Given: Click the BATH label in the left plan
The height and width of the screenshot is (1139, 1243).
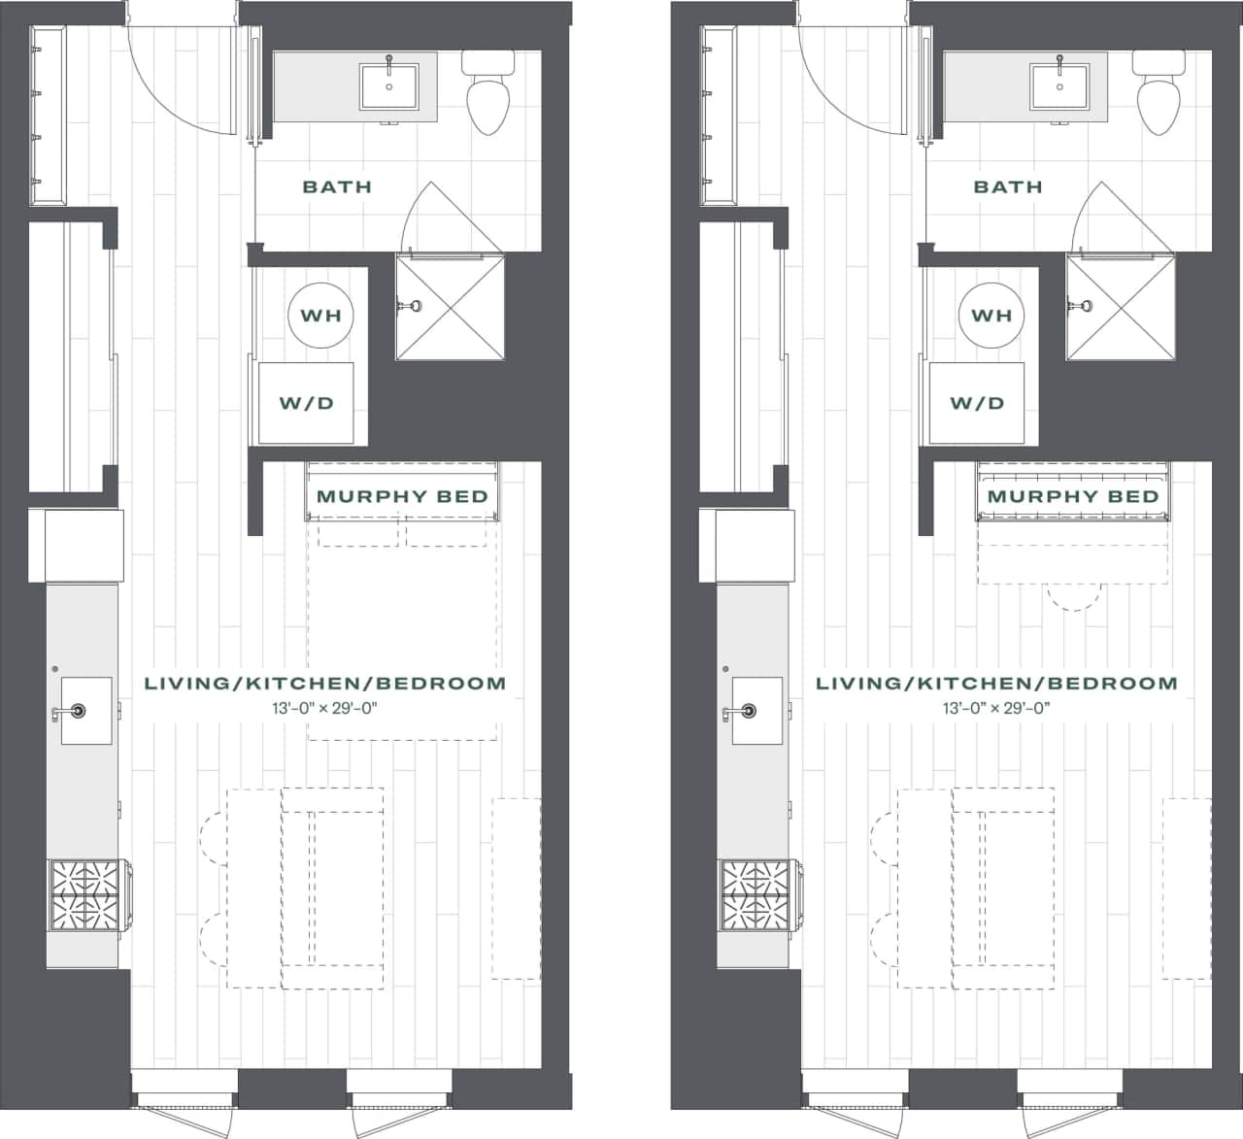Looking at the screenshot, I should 337,186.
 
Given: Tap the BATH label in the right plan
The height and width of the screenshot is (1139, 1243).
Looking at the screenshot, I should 1007,186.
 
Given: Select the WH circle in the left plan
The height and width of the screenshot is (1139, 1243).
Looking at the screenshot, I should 321,316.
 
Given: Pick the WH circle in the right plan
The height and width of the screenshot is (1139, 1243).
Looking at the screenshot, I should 991,316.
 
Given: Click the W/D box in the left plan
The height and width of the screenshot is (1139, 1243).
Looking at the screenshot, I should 306,403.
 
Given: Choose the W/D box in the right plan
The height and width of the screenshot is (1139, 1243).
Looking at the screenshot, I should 976,403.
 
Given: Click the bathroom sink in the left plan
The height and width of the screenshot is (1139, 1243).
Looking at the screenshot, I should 389,85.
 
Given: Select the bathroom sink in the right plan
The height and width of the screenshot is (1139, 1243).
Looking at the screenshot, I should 1059,85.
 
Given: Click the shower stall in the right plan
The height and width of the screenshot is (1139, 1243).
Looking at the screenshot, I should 1121,306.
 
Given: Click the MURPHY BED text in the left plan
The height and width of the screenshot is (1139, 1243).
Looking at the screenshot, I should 402,496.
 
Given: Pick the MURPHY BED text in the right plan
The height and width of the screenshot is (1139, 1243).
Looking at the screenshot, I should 1073,496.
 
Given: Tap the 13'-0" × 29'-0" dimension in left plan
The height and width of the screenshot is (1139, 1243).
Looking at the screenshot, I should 324,708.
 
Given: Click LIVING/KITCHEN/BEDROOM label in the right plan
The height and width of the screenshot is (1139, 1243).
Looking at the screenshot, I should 996,684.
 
